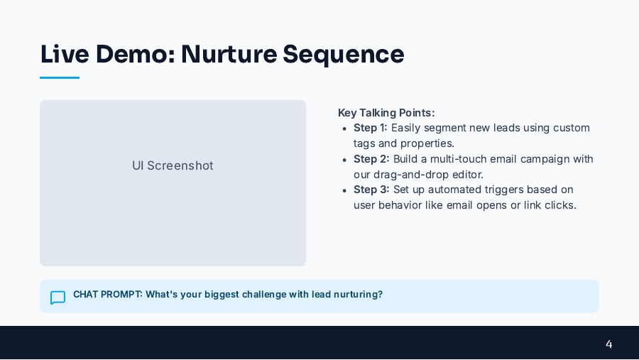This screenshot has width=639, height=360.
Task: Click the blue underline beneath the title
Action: (x=60, y=77)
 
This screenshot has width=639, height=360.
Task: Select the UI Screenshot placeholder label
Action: (x=173, y=165)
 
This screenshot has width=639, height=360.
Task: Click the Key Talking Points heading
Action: (x=386, y=112)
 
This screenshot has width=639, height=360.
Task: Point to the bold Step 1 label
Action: (x=371, y=128)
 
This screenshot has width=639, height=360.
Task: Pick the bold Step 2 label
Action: (x=371, y=158)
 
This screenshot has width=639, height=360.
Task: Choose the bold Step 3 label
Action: (x=371, y=190)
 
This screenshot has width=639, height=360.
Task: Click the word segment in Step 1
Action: (x=448, y=128)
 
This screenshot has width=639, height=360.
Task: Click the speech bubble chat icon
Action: (x=58, y=298)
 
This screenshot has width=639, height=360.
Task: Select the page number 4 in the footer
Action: (x=608, y=344)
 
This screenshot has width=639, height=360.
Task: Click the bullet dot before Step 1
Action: (x=344, y=129)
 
